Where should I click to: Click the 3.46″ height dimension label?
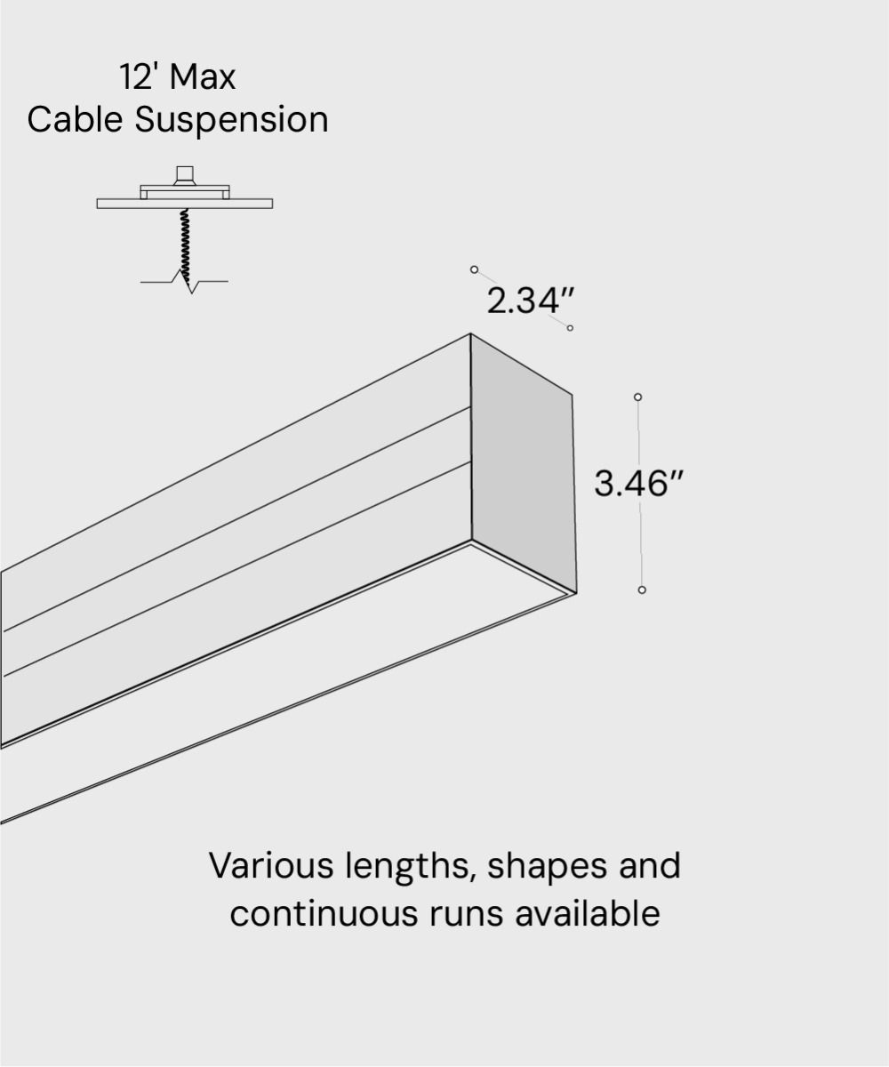click(639, 485)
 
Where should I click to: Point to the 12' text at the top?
click(138, 77)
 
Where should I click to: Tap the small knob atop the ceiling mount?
click(185, 174)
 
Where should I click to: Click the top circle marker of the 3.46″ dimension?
click(637, 397)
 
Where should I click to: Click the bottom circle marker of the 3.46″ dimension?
click(642, 590)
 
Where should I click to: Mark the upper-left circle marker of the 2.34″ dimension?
click(474, 269)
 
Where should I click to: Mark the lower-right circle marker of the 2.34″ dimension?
click(570, 328)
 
